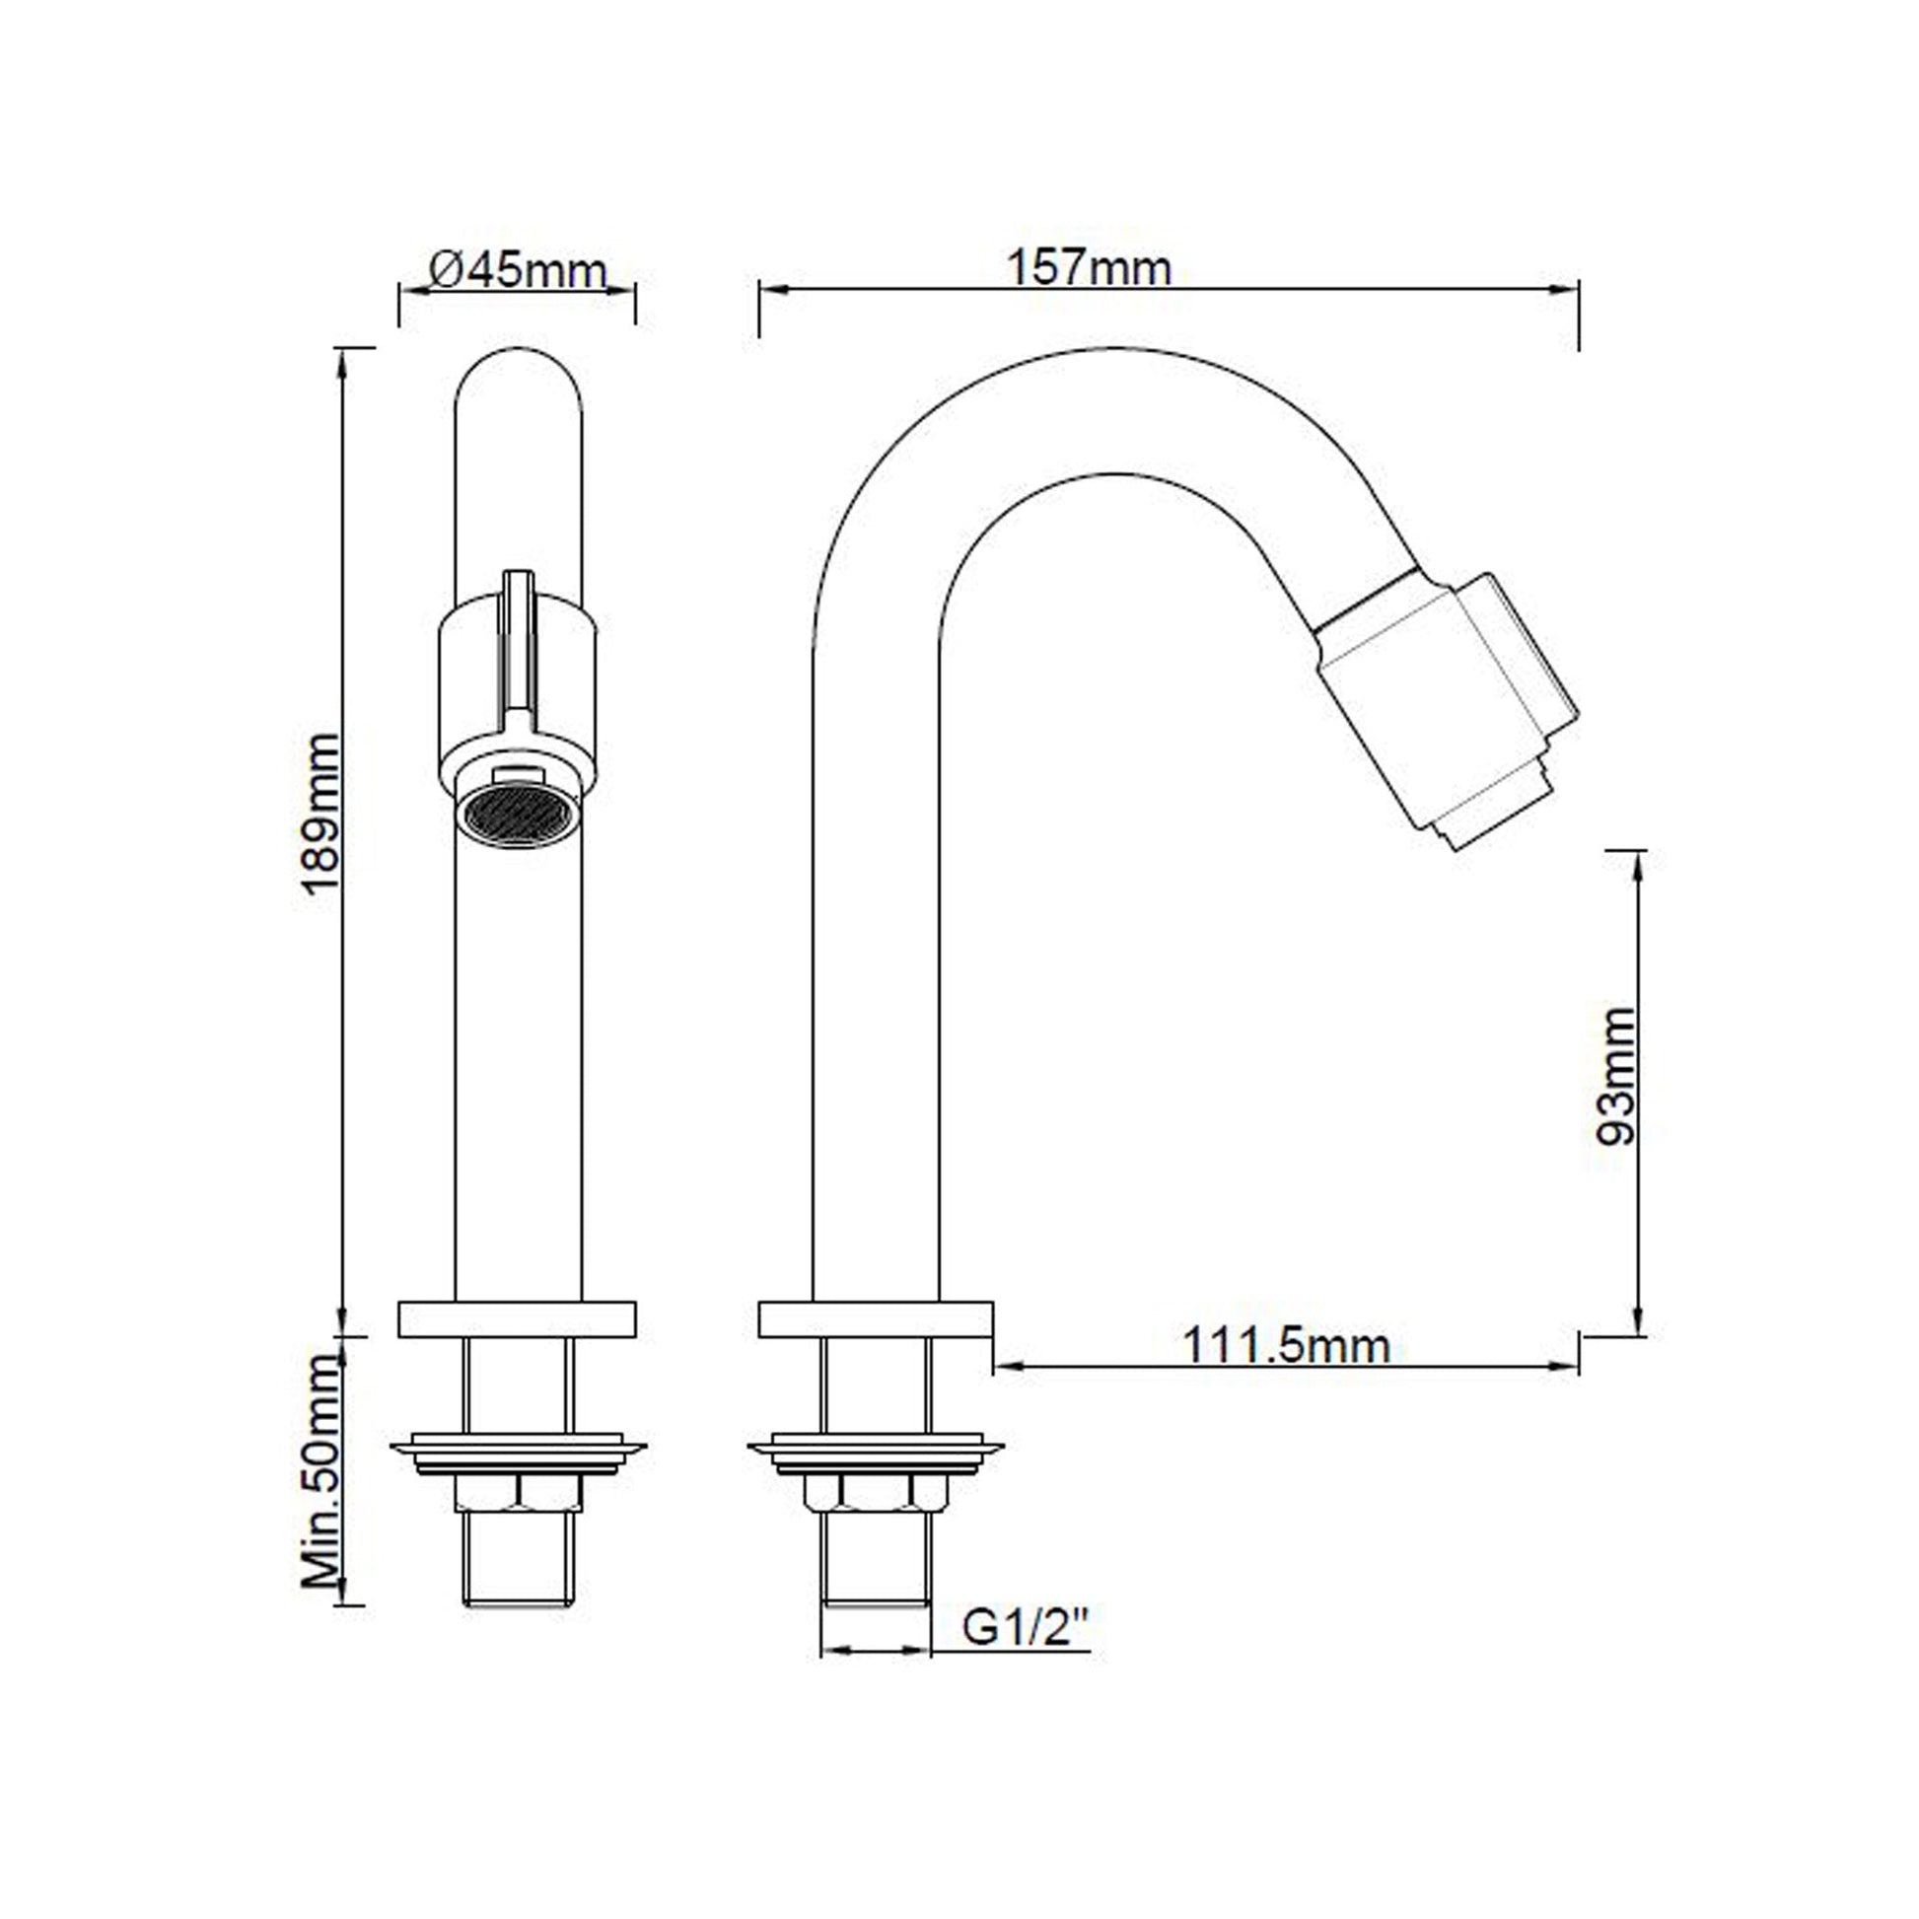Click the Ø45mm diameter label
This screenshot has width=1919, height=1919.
(x=517, y=269)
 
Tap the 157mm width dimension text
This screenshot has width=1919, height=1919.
(x=1089, y=267)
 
